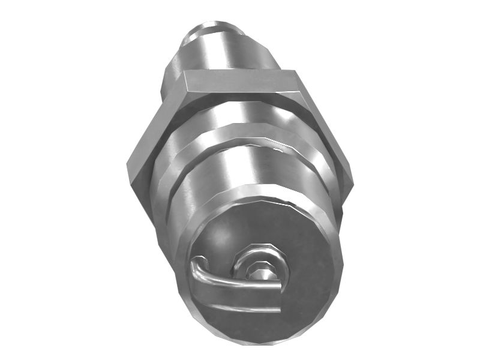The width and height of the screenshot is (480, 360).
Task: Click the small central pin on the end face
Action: pos(262,274)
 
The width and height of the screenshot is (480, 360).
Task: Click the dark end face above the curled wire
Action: pos(252,225)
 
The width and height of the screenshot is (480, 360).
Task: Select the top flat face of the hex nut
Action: pos(240,82)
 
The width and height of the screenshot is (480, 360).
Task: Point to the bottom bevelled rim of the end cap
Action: pos(264,336)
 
